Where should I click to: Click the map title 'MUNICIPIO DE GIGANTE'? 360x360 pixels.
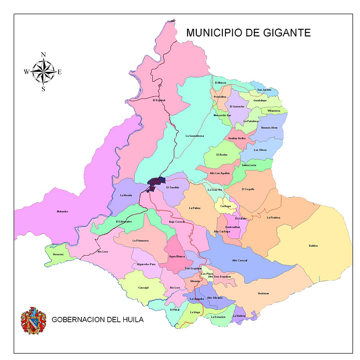click(248, 33)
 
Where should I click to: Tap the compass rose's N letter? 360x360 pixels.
click(43, 54)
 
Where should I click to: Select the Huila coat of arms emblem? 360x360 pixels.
click(33, 320)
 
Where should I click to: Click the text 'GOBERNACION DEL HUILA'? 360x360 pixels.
click(98, 320)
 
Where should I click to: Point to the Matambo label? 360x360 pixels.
click(62, 211)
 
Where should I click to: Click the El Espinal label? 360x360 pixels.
click(159, 100)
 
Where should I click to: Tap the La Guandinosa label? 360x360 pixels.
click(195, 136)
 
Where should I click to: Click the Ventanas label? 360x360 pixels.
click(263, 293)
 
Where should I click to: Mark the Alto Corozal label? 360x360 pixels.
click(240, 261)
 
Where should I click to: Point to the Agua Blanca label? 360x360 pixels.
click(177, 256)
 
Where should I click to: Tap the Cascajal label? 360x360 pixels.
click(143, 288)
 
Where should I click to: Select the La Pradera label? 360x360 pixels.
click(273, 217)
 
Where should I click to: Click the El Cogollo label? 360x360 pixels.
click(248, 189)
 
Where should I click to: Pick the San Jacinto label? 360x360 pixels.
click(264, 90)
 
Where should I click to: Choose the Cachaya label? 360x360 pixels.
click(225, 206)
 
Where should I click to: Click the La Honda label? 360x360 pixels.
click(126, 196)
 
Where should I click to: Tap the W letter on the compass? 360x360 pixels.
click(27, 72)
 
